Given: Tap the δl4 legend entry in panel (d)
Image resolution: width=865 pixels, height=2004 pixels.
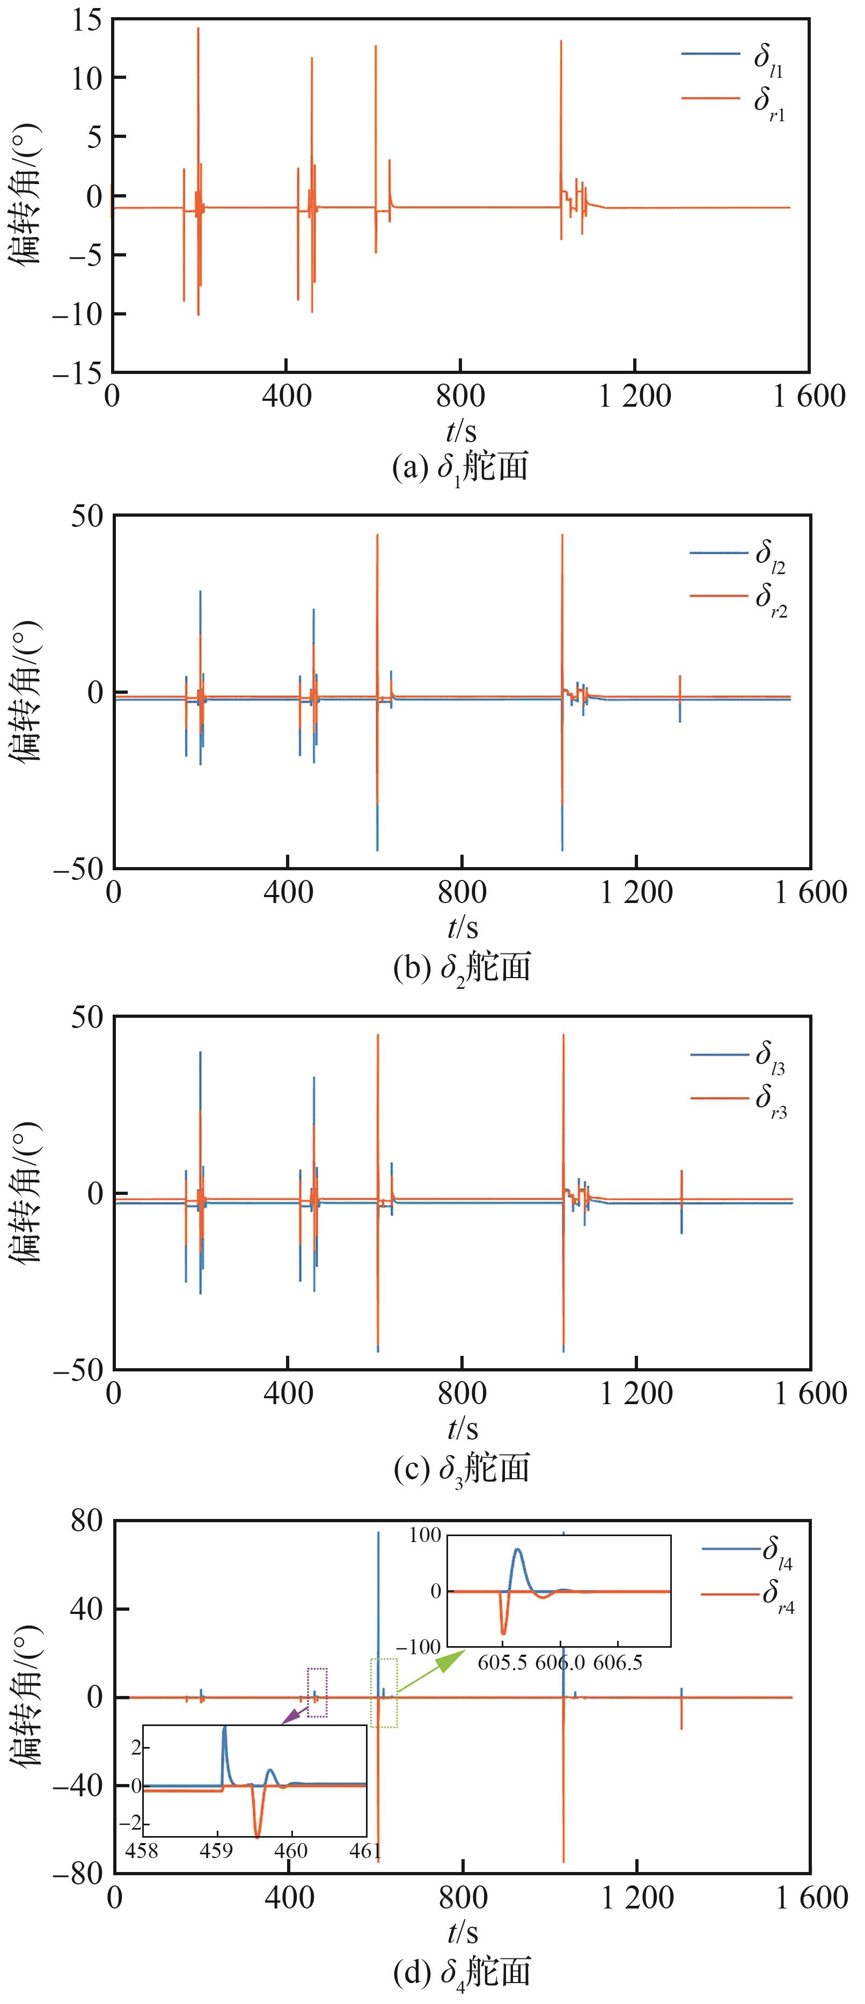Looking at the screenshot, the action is coord(747,1551).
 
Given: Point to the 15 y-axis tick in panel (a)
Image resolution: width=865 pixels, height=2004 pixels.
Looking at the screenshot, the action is coord(86,19).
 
